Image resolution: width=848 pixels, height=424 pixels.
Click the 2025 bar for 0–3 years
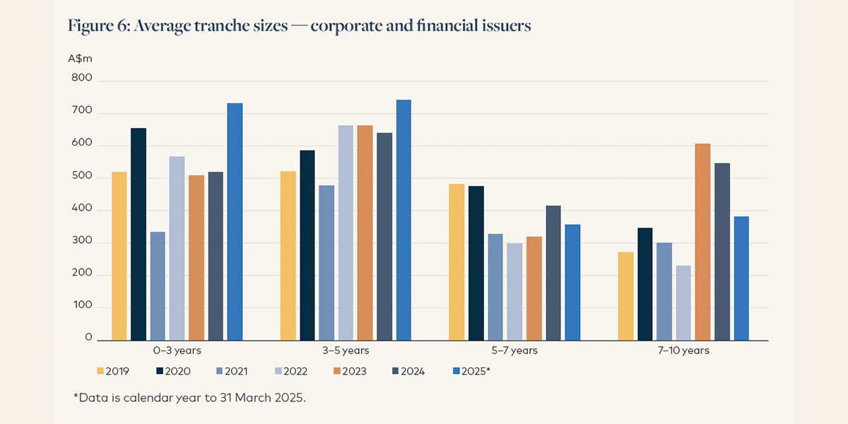(235, 222)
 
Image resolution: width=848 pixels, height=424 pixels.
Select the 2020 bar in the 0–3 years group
(139, 234)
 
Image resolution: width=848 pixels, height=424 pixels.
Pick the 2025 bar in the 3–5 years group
(404, 220)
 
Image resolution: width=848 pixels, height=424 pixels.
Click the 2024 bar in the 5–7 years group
(553, 273)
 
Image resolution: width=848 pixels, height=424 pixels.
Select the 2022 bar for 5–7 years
(514, 292)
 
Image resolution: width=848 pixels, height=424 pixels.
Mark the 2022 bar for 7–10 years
(683, 303)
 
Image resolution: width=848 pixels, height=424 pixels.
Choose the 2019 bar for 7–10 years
(625, 296)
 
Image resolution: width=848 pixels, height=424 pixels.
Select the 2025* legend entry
(470, 370)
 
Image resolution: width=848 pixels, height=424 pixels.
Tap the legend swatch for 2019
(100, 370)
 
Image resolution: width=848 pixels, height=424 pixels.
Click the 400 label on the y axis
(82, 210)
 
